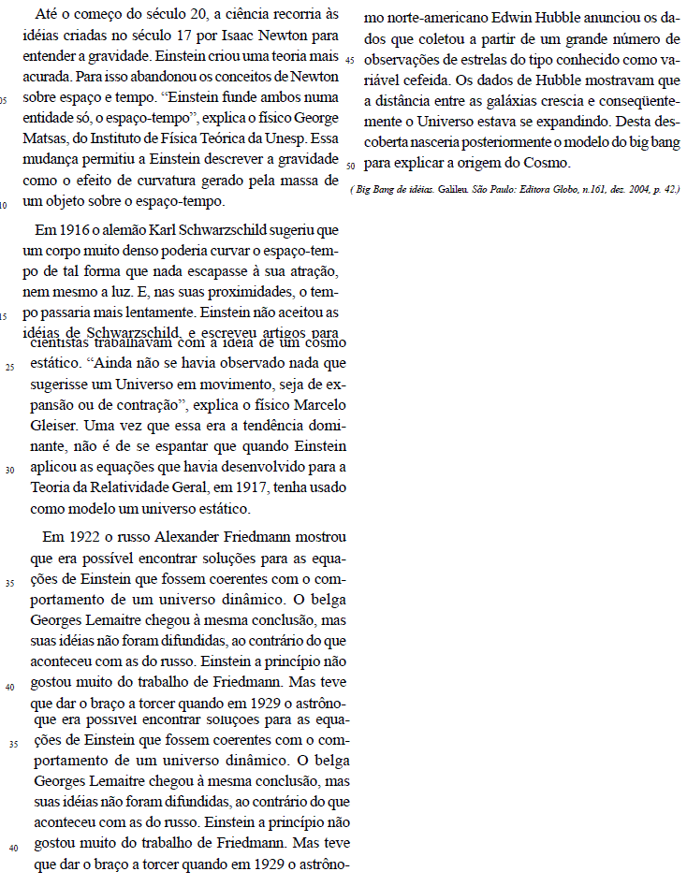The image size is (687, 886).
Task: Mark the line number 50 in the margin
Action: tap(349, 166)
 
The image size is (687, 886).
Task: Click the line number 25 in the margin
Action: tap(10, 366)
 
